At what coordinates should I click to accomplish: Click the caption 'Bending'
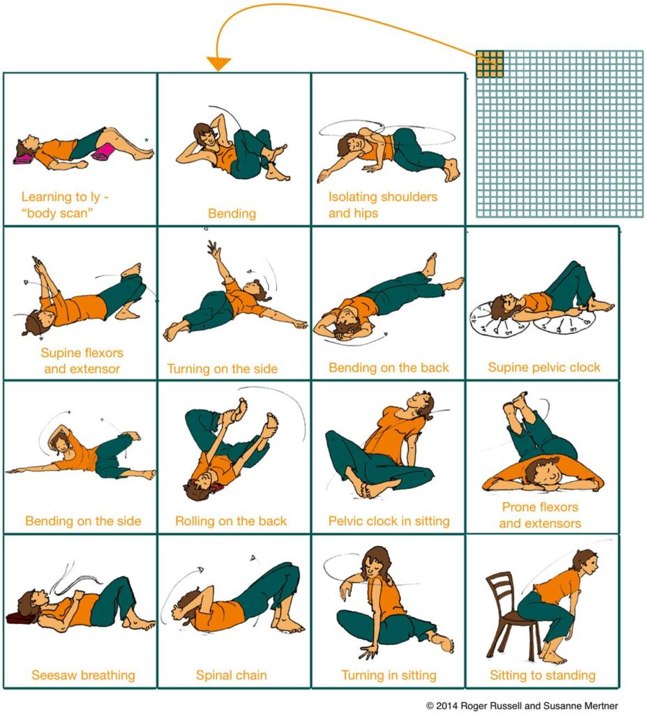click(232, 213)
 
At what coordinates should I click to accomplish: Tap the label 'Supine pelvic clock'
click(543, 367)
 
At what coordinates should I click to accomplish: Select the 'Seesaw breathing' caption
click(83, 675)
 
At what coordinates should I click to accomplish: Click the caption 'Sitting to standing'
click(542, 675)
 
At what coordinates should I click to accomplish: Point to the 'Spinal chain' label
click(231, 675)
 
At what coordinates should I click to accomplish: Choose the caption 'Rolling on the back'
click(231, 521)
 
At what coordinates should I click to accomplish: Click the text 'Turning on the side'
click(222, 368)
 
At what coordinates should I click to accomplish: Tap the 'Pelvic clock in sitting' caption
click(389, 521)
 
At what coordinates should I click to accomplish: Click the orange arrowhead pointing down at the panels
click(219, 64)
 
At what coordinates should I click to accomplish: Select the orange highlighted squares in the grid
click(489, 63)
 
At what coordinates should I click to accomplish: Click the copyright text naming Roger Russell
click(522, 706)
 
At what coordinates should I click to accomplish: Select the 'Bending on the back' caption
click(389, 367)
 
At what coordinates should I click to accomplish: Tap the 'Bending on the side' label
click(83, 521)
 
